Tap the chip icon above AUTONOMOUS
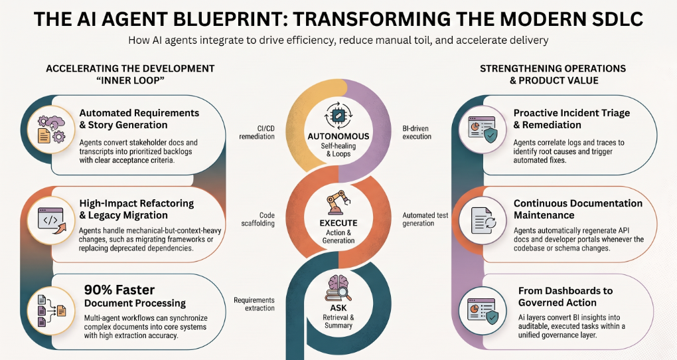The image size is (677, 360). click(x=338, y=116)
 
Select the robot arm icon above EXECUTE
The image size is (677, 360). click(x=338, y=203)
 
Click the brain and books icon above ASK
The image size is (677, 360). click(x=338, y=288)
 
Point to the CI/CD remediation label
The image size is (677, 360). click(x=257, y=132)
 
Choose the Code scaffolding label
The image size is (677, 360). click(x=258, y=219)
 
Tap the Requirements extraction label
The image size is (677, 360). click(x=254, y=304)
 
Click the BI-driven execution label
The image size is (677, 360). click(x=417, y=132)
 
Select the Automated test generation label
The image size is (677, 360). click(x=425, y=219)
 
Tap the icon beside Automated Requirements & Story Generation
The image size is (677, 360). click(x=51, y=130)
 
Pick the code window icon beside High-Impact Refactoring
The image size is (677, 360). click(x=51, y=220)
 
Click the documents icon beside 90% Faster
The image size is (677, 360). click(x=51, y=310)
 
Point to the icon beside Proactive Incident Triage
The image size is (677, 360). click(x=483, y=130)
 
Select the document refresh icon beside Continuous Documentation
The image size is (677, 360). click(x=483, y=220)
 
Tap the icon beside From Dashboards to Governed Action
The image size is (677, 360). click(x=483, y=310)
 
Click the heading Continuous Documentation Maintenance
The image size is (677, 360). click(x=577, y=209)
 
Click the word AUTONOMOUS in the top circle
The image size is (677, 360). click(x=338, y=136)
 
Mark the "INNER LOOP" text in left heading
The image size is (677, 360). click(x=130, y=80)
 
